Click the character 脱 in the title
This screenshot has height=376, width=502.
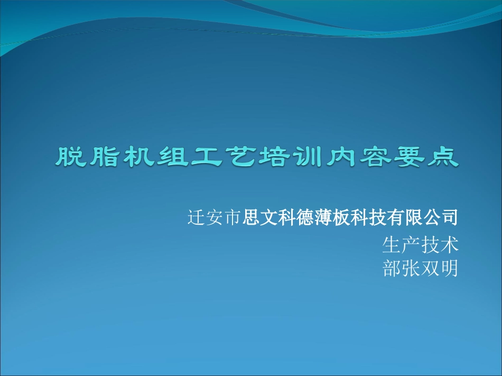pos(72,158)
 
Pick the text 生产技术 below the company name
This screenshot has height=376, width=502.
pos(420,244)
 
